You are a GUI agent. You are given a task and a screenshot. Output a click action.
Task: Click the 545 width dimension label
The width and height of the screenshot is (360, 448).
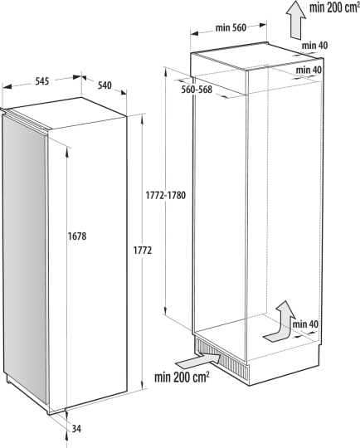tap(42, 81)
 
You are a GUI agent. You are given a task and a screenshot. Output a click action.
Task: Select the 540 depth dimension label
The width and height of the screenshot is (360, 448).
tap(105, 85)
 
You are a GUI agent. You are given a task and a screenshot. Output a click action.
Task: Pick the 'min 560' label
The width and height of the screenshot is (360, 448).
tap(231, 27)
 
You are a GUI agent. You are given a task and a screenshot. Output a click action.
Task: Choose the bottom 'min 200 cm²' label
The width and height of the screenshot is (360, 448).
tap(182, 378)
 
